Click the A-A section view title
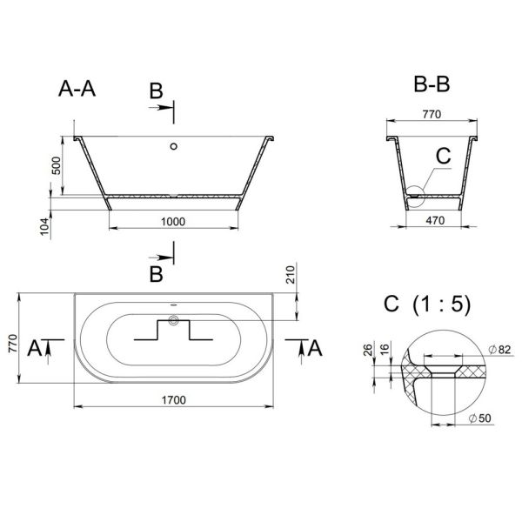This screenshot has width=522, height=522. pyautogui.click(x=77, y=89)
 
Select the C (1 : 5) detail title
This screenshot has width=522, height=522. pyautogui.click(x=427, y=304)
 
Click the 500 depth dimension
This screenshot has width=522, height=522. pyautogui.click(x=57, y=165)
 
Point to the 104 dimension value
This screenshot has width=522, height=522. pyautogui.click(x=44, y=227)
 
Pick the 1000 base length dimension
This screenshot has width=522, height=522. pyautogui.click(x=173, y=221)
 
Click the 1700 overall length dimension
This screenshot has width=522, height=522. pyautogui.click(x=174, y=400)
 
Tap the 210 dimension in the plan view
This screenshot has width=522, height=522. pyautogui.click(x=291, y=275)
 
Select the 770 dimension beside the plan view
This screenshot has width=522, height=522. pyautogui.click(x=13, y=344)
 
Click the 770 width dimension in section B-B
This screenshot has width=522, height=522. pyautogui.click(x=432, y=114)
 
